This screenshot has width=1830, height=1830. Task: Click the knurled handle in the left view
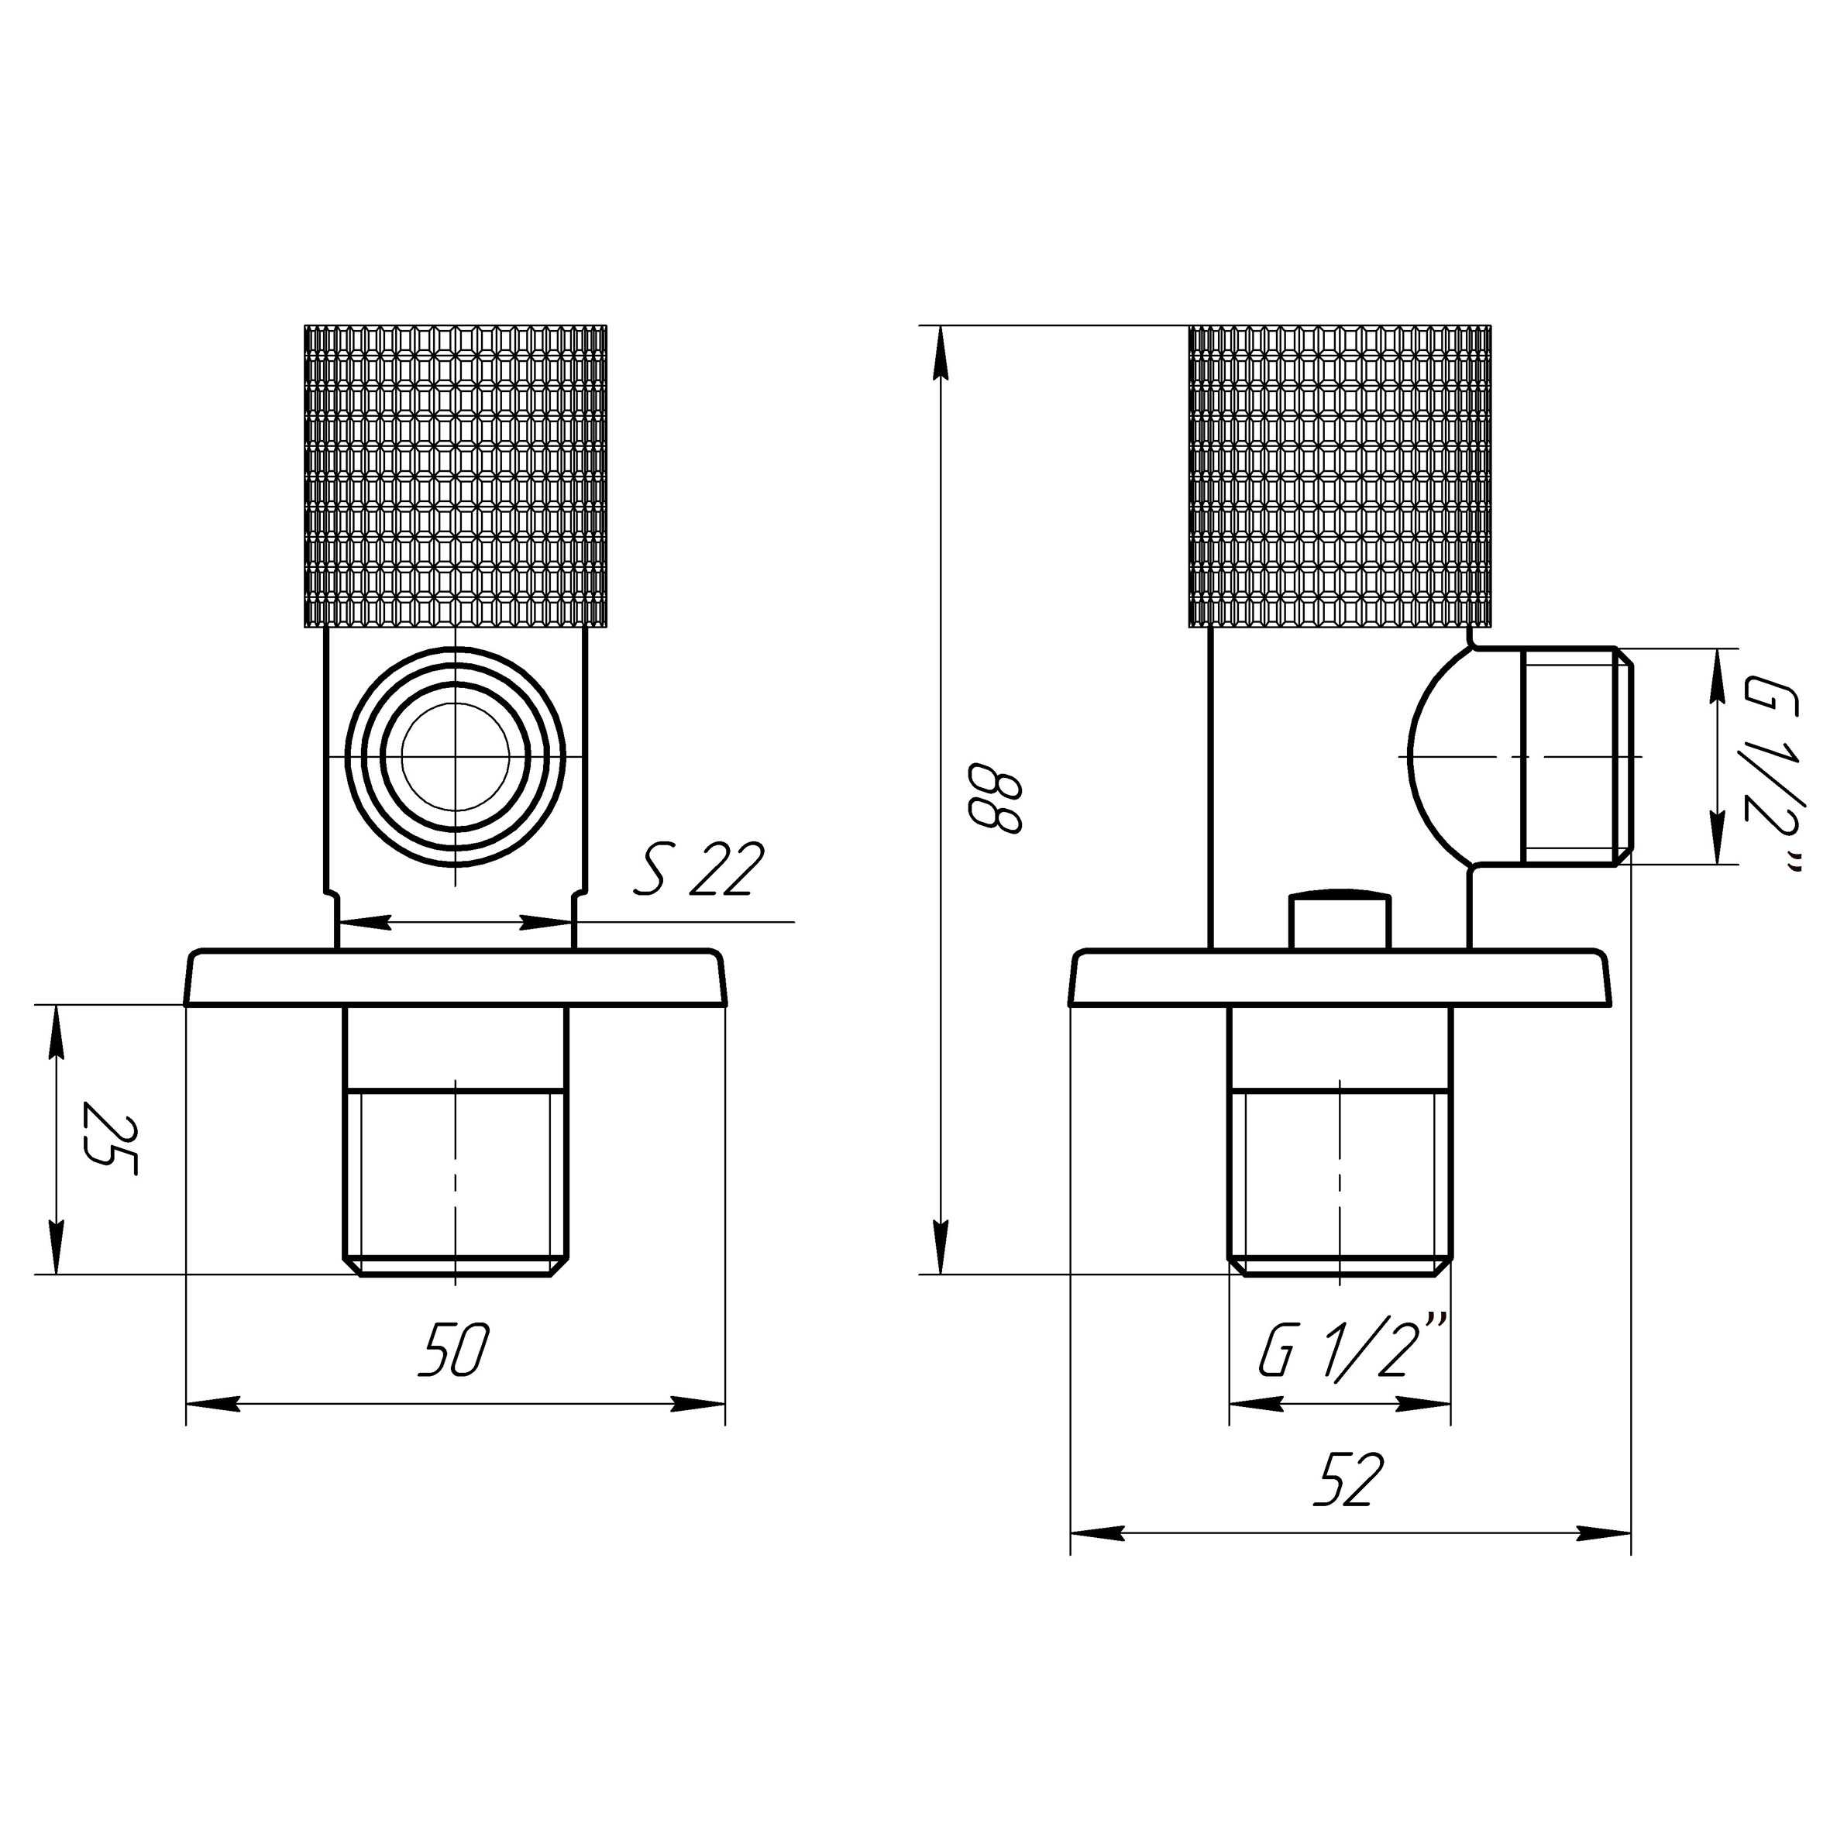pos(456,476)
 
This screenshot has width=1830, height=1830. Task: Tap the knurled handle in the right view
pos(1340,476)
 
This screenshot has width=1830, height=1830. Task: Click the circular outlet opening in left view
pos(456,756)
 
